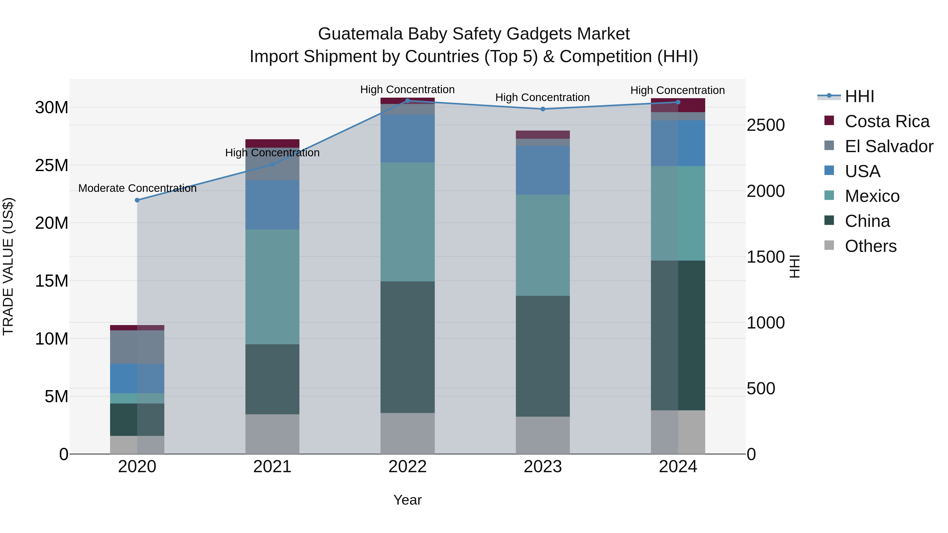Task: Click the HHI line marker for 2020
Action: click(x=137, y=200)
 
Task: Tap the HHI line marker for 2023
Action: click(x=542, y=109)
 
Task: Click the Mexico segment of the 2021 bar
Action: click(x=272, y=287)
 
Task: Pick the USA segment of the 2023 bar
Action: click(x=542, y=170)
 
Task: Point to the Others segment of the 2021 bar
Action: click(x=272, y=434)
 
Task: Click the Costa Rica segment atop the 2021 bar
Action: click(x=272, y=143)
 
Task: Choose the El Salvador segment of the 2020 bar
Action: click(x=137, y=347)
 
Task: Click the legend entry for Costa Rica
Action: click(x=887, y=121)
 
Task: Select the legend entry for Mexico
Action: click(x=872, y=196)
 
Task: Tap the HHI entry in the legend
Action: click(x=859, y=96)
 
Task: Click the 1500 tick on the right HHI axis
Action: click(x=766, y=257)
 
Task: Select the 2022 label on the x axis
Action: click(x=407, y=467)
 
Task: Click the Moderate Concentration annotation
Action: click(x=137, y=188)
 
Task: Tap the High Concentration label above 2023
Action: click(x=542, y=97)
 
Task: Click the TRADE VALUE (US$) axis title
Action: click(x=8, y=266)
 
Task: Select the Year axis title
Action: click(x=407, y=500)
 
